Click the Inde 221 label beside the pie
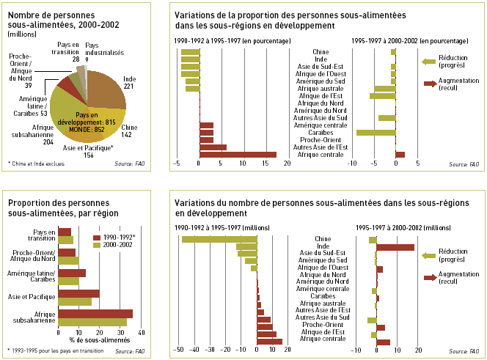(x=130, y=82)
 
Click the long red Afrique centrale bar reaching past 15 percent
(x=238, y=155)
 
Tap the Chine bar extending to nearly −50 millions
(x=219, y=239)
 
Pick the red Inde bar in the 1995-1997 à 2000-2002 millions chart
(x=395, y=247)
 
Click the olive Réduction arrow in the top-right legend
(x=430, y=62)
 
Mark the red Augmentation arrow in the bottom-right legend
(x=431, y=277)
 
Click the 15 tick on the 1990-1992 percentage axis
(x=263, y=164)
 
